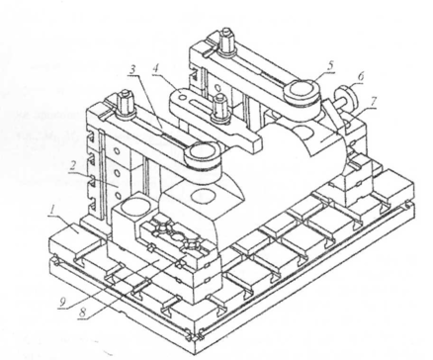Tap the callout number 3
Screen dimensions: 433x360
[132, 70]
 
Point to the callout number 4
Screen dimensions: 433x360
[156, 69]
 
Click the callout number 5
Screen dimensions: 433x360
[330, 65]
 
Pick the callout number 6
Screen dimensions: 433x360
[361, 77]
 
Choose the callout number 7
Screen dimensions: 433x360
[373, 102]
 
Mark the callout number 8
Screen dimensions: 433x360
[83, 313]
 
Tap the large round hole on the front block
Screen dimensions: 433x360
[134, 208]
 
